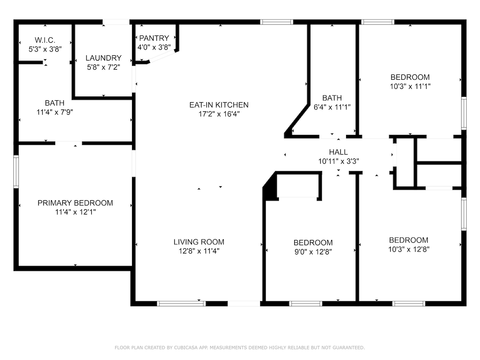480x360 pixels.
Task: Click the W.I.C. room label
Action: tap(45, 40)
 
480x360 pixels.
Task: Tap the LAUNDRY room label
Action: tap(104, 58)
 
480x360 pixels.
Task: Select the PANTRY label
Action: tap(154, 38)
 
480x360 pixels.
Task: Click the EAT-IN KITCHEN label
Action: tap(219, 105)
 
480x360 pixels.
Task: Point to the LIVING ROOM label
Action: tap(199, 242)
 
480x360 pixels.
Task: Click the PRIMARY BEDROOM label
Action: tap(75, 203)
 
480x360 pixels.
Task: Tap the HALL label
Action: tap(338, 152)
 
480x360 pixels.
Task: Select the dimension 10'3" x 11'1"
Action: tap(410, 86)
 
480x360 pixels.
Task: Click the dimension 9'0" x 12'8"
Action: tap(313, 252)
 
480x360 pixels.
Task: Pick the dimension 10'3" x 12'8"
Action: tap(408, 250)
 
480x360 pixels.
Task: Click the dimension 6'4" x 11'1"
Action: tap(332, 107)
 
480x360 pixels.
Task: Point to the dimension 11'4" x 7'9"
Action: tap(55, 112)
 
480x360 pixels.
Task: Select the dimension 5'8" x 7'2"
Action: tap(104, 67)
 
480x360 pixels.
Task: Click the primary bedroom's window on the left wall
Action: tap(16, 171)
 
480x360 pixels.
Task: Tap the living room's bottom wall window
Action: tap(181, 304)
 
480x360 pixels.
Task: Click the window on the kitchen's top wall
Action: tap(276, 22)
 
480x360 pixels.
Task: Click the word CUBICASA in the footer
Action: tap(186, 348)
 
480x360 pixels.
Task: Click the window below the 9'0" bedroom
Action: tap(305, 304)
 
